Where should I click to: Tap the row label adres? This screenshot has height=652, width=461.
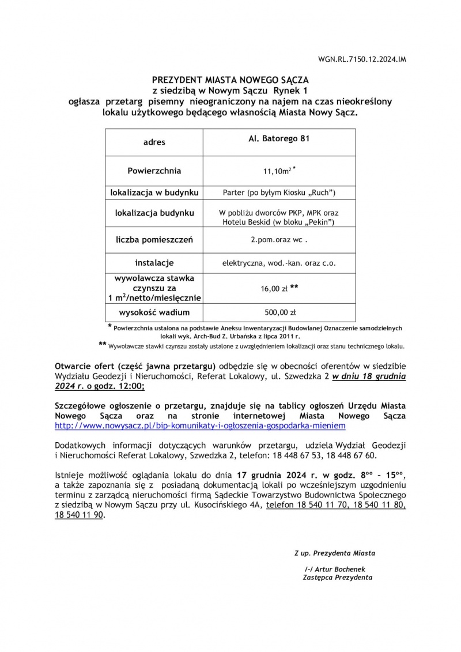[x=154, y=142]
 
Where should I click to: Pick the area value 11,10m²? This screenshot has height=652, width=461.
[x=277, y=171]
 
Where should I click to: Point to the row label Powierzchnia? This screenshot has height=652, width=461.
[x=154, y=171]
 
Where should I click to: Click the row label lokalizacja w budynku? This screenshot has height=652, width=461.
[x=154, y=191]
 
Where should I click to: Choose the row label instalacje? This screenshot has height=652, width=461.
[x=154, y=263]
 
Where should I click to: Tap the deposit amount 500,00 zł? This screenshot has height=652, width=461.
[x=279, y=313]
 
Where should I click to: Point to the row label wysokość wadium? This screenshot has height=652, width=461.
[x=154, y=312]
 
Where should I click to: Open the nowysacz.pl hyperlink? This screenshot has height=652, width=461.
[x=200, y=425]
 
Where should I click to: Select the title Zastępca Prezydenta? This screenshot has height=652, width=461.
[x=337, y=577]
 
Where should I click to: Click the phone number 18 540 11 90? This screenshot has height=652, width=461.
[x=79, y=515]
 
